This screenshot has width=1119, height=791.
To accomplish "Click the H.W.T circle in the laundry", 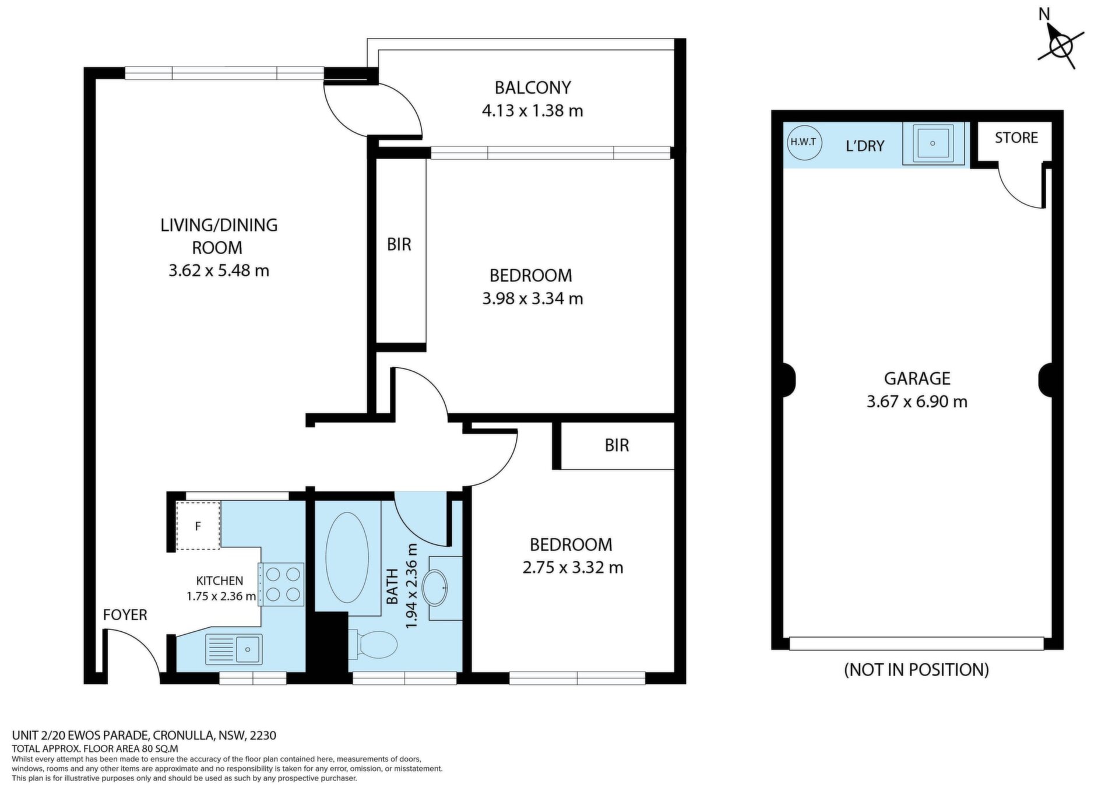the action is click(x=804, y=142).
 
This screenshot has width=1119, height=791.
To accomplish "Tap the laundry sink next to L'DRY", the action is click(x=933, y=143).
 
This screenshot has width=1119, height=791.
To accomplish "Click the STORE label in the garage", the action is click(x=1016, y=138).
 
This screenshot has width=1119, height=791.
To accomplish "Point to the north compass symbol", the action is click(x=1061, y=45).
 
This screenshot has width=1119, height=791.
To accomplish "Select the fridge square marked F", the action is click(x=198, y=525).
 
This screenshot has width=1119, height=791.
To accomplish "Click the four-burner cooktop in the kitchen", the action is click(x=281, y=584).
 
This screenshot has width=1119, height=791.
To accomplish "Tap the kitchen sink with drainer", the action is click(x=234, y=649).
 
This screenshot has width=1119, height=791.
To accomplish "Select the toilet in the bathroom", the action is click(x=372, y=645).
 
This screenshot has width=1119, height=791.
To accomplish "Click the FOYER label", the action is click(x=125, y=615).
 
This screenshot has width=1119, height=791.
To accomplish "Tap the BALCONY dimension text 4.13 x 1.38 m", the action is click(x=533, y=111).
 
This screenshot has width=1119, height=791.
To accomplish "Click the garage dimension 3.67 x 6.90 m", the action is click(x=917, y=402).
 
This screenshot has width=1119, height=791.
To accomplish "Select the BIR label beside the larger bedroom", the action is click(x=399, y=245).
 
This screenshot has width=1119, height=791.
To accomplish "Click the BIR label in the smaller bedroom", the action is click(x=617, y=446).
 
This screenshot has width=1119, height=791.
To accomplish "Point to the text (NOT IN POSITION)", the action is click(x=917, y=670).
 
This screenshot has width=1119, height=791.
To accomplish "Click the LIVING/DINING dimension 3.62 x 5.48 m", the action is click(x=219, y=271).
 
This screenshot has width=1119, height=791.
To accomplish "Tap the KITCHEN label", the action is click(x=220, y=581).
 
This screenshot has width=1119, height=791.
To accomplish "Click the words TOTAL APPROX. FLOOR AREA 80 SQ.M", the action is click(x=95, y=748).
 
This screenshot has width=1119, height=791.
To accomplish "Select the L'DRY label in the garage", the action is click(x=865, y=146).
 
